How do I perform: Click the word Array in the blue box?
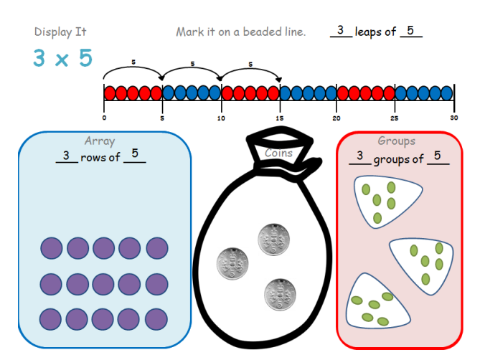(99, 141)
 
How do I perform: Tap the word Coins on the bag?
(278, 153)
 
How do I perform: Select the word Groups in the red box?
(396, 141)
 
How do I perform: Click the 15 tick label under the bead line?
(279, 118)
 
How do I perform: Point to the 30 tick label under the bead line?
(453, 118)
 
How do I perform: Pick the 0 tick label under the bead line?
(104, 118)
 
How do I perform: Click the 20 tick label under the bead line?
(337, 118)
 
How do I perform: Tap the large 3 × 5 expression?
(63, 59)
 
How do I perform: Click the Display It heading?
(60, 32)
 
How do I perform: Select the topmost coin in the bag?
(273, 237)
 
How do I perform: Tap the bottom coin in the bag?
(279, 293)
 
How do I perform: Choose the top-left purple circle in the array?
(52, 248)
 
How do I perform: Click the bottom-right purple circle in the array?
(157, 318)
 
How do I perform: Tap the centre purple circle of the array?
(104, 283)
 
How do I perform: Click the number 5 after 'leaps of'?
(410, 31)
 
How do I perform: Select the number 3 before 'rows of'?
(66, 156)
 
